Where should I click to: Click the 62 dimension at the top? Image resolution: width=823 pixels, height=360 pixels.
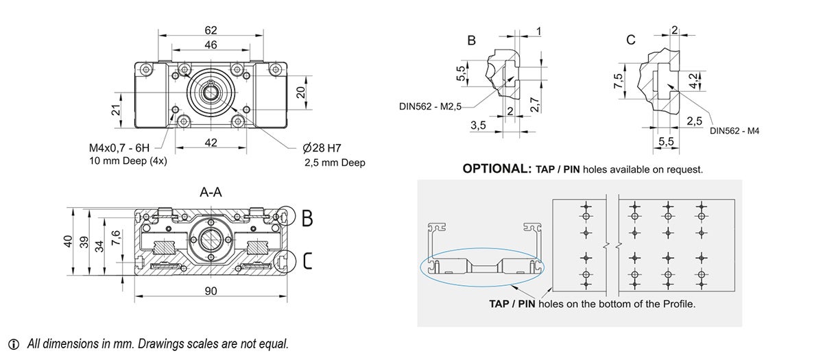[x=211, y=29]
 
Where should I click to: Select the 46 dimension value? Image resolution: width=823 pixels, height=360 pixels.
[x=211, y=45]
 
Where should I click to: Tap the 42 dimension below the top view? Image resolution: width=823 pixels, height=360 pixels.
[x=211, y=143]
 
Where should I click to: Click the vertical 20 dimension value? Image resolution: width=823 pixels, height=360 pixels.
[x=300, y=93]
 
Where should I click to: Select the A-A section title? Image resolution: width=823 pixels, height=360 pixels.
[x=211, y=193]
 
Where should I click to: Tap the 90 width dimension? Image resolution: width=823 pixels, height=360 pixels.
[x=211, y=291]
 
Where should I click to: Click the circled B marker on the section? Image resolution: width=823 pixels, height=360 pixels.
[x=307, y=218]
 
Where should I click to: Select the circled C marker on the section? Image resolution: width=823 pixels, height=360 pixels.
[x=307, y=261]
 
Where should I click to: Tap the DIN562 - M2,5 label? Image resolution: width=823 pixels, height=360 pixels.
[x=431, y=106]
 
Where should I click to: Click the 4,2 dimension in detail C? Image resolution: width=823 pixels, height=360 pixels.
[x=695, y=80]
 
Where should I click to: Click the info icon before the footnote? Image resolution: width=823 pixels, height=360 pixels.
[x=14, y=344]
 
